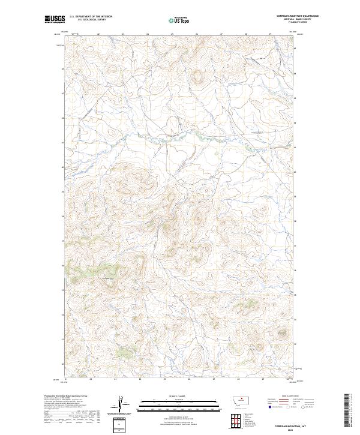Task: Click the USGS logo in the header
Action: (55, 19)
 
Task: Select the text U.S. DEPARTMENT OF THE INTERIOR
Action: (91, 16)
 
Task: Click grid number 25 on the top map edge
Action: (172, 34)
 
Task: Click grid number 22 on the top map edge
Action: (98, 34)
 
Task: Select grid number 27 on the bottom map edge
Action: (214, 379)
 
